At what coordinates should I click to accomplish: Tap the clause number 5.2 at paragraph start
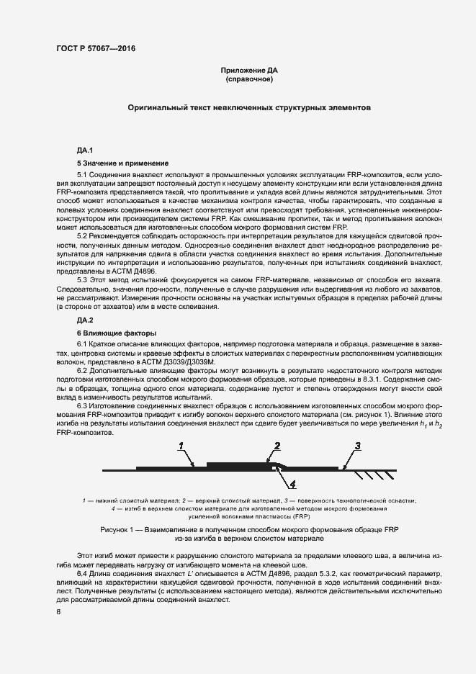coord(82,236)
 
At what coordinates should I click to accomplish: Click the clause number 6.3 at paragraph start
coord(82,406)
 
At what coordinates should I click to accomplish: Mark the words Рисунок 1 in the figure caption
coord(121,529)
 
